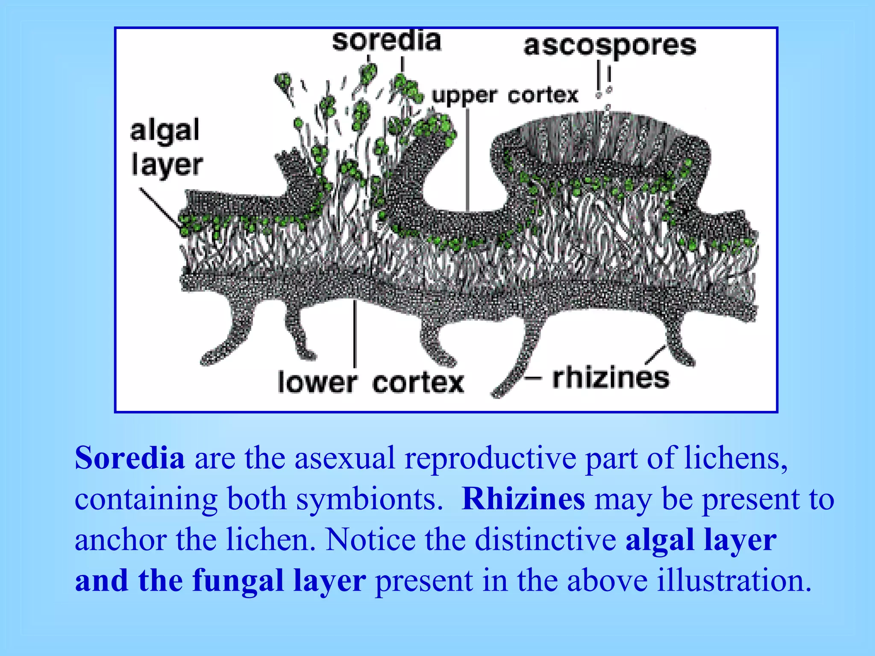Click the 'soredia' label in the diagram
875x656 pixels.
[386, 41]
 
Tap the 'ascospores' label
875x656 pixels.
[610, 46]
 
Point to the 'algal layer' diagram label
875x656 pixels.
[166, 148]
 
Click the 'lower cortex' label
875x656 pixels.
[370, 382]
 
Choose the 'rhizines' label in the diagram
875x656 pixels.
[611, 378]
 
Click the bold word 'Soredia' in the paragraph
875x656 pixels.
[130, 457]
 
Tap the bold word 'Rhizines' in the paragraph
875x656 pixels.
[523, 498]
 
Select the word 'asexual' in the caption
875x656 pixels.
[344, 457]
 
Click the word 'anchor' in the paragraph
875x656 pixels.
[120, 539]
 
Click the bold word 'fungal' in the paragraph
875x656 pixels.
[238, 581]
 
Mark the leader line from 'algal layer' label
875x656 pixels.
[160, 208]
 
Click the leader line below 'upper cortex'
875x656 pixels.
[467, 158]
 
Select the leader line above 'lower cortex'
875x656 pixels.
[355, 333]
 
